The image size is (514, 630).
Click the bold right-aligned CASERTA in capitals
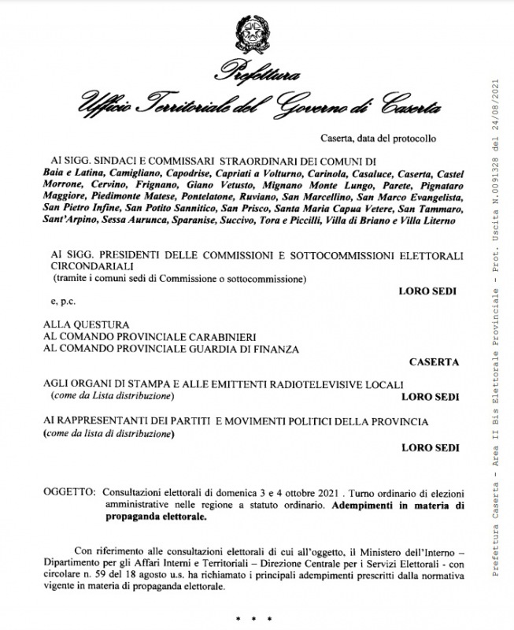click(x=433, y=363)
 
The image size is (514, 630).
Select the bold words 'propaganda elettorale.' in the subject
click(x=154, y=517)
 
